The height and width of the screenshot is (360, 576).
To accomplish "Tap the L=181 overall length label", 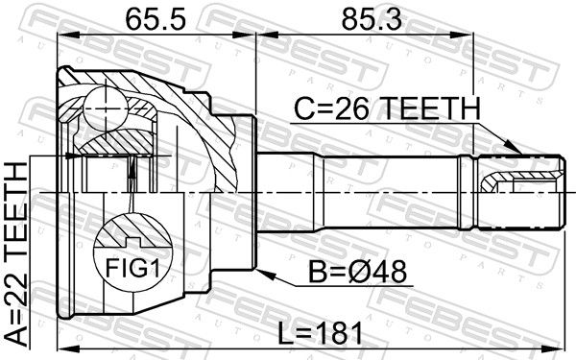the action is click(x=320, y=333).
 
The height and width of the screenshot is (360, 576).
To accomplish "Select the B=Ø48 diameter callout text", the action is click(x=357, y=272).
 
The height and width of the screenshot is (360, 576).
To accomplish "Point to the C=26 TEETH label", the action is click(x=387, y=108).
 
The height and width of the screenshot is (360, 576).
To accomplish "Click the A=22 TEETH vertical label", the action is click(x=17, y=254).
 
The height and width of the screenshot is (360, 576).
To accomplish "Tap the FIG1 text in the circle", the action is click(x=132, y=268).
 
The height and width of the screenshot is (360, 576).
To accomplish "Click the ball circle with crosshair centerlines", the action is click(x=106, y=108).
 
